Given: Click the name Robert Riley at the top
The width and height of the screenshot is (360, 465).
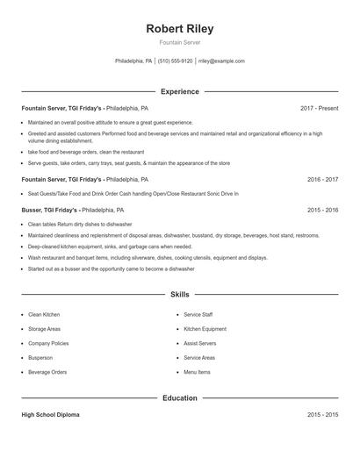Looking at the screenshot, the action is [179, 29].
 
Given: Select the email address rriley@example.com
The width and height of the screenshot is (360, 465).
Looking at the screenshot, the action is [221, 61].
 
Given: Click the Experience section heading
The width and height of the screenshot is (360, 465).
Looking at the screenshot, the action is [179, 91].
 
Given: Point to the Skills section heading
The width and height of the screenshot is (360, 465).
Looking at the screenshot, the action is [179, 295].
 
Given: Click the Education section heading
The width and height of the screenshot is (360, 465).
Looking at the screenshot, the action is [179, 398].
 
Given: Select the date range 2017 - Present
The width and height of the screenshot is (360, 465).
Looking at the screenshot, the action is [319, 108].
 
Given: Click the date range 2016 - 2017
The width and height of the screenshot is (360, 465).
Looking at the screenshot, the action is [322, 179].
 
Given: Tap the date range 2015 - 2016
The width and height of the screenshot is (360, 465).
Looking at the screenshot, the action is [322, 211].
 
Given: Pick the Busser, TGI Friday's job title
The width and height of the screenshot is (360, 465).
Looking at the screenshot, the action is [50, 211].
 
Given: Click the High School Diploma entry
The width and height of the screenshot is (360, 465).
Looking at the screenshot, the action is [50, 415].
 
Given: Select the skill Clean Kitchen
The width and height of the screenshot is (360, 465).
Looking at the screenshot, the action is [44, 314].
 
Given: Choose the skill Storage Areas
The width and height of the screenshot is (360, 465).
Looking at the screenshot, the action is [44, 329].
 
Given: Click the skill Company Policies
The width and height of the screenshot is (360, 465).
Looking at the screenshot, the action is [48, 343].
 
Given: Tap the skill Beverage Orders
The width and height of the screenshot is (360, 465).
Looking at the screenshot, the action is [47, 372].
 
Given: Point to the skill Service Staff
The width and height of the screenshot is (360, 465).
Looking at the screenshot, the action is [198, 314].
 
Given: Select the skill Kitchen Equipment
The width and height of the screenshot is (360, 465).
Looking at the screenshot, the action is [205, 329].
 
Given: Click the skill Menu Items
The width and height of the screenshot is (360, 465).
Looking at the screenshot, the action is [197, 372].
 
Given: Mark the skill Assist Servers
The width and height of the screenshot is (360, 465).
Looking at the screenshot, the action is [199, 343].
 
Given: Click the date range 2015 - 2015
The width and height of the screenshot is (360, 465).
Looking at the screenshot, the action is [322, 415].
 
